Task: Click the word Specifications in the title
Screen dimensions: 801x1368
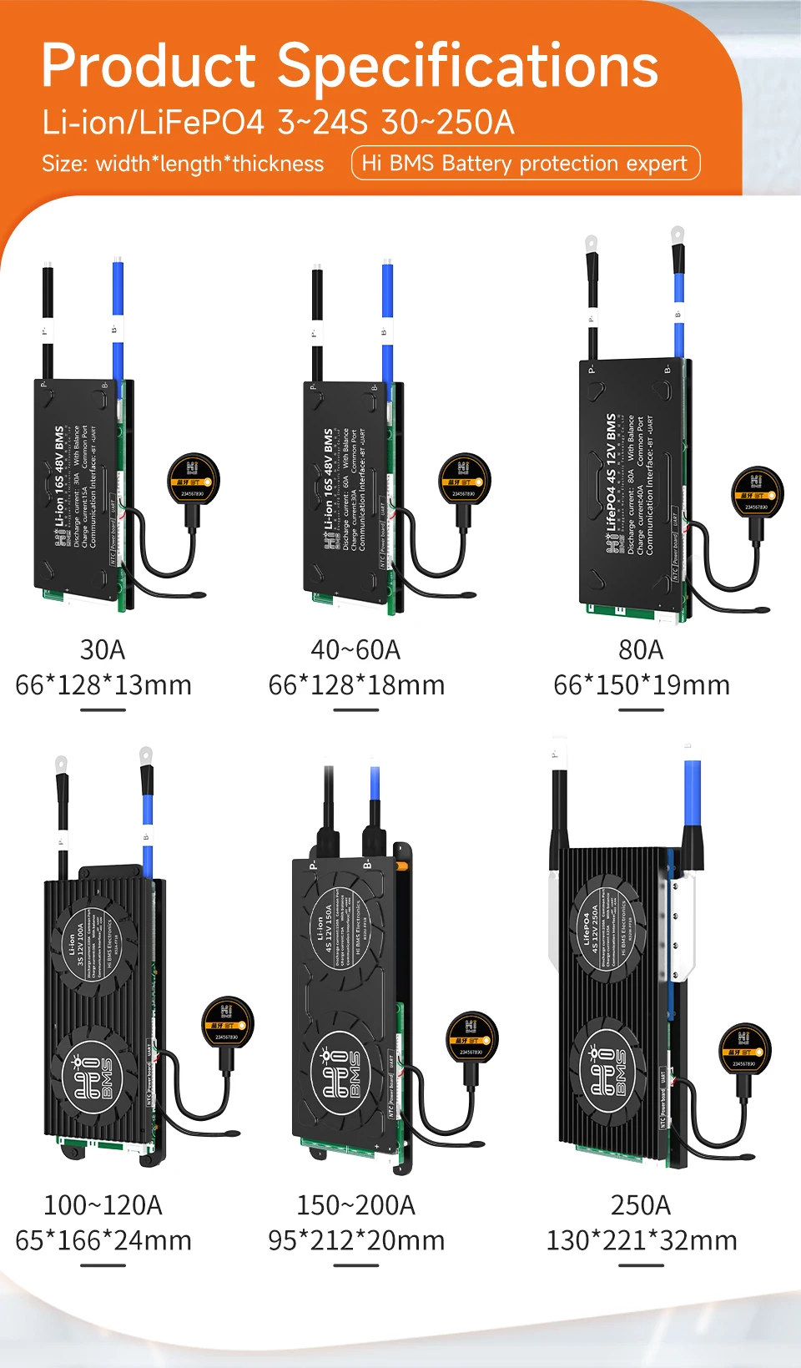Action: pos(468,67)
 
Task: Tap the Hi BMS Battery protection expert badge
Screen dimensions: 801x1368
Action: pos(526,163)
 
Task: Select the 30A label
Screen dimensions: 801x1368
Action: pos(103,649)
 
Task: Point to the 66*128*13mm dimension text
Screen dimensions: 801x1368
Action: pos(103,685)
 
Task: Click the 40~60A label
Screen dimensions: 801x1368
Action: pos(355,649)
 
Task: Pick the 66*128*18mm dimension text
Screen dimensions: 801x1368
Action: pos(356,685)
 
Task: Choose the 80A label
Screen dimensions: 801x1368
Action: pos(641,649)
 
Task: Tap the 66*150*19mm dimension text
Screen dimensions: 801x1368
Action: pos(642,685)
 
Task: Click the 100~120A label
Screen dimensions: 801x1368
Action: pos(103,1205)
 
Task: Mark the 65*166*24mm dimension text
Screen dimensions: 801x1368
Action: pos(103,1240)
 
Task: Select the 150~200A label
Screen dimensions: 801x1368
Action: pos(355,1205)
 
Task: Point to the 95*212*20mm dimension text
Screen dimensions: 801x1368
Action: pos(356,1240)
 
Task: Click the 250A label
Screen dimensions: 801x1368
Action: pos(641,1205)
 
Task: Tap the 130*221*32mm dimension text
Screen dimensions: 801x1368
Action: pos(642,1240)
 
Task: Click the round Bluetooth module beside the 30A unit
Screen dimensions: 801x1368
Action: pos(194,479)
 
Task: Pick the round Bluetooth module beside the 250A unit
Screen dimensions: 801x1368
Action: pos(744,1050)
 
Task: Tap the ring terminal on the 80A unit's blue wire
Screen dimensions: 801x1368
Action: pos(678,235)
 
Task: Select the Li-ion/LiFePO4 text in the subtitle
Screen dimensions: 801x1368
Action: pos(153,123)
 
